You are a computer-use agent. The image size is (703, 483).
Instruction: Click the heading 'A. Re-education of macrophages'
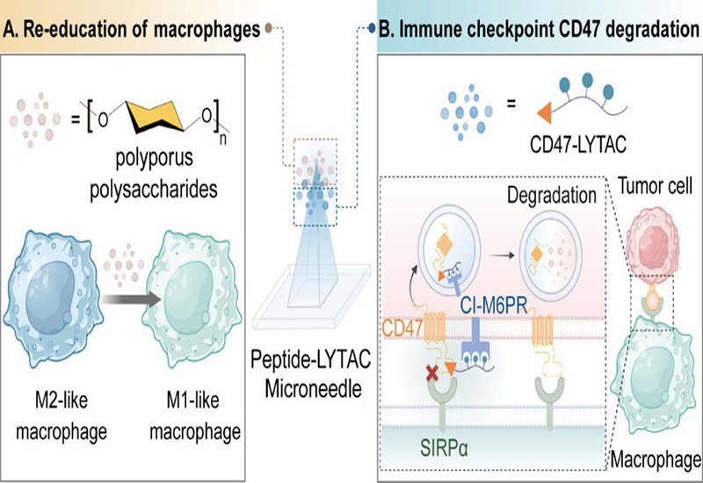coord(132,29)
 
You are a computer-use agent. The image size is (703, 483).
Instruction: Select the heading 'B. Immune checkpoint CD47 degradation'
coord(533,29)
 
